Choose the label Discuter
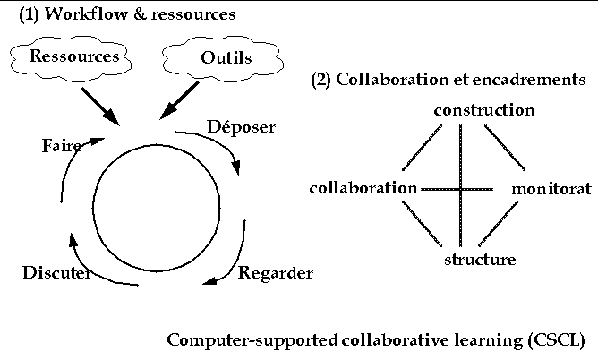point(56,273)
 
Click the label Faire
point(61,146)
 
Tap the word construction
point(483,110)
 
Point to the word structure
point(480,261)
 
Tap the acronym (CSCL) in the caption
point(563,341)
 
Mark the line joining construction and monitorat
point(506,147)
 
